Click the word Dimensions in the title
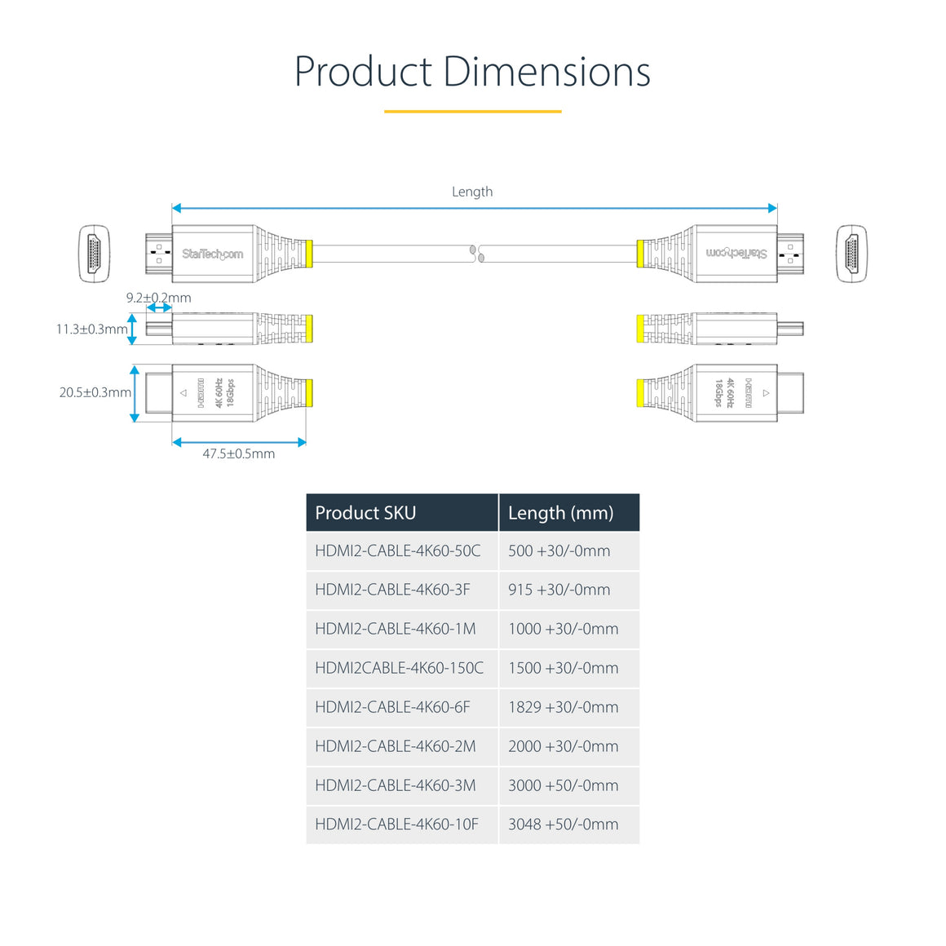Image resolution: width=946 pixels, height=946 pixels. point(546,72)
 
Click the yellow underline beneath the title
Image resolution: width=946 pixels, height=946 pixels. point(472,111)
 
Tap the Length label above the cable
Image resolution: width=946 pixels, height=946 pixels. point(472,192)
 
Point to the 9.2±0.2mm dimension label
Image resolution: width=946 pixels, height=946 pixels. point(158,298)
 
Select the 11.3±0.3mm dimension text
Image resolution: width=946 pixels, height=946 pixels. point(91,329)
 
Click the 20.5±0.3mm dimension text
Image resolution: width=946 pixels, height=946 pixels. point(95,392)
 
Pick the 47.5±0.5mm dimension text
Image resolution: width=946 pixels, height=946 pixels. point(238,454)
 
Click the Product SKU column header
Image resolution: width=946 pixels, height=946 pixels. point(365,513)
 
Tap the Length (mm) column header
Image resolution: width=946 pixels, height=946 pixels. point(560,513)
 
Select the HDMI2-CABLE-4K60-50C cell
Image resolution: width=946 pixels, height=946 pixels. point(398,550)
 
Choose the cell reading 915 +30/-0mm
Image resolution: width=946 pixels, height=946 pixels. point(559,590)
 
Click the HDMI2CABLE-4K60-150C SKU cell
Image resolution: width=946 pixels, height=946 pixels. point(399,668)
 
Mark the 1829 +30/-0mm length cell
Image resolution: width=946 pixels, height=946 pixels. point(563,707)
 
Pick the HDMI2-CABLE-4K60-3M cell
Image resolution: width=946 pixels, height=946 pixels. point(396,785)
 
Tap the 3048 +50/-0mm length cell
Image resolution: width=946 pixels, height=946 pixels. point(563,824)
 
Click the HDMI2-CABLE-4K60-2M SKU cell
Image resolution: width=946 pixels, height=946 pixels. point(396,746)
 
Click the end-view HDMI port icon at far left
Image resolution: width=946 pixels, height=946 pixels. point(94,254)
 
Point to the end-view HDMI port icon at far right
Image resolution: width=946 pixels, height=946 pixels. point(851,254)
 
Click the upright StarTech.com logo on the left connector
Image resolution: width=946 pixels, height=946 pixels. point(212,254)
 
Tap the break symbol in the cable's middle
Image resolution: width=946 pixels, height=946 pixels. point(476,254)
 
